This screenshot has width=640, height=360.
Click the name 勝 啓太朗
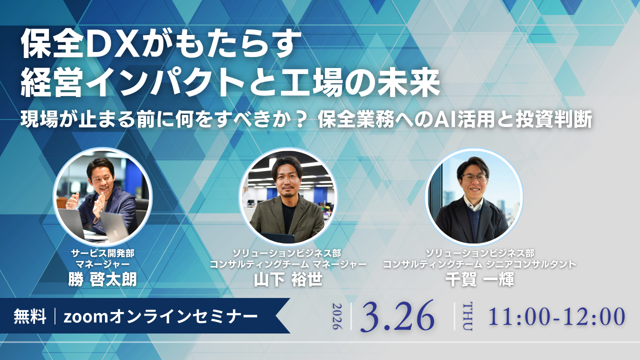[x=102, y=279]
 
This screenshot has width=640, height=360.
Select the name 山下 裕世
[x=288, y=279]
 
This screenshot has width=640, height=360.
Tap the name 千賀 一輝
[x=480, y=279]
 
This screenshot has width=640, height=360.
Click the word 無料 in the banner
[x=30, y=316]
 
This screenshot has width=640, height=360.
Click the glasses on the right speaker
[x=474, y=177]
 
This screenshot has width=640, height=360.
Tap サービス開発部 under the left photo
[x=102, y=253]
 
